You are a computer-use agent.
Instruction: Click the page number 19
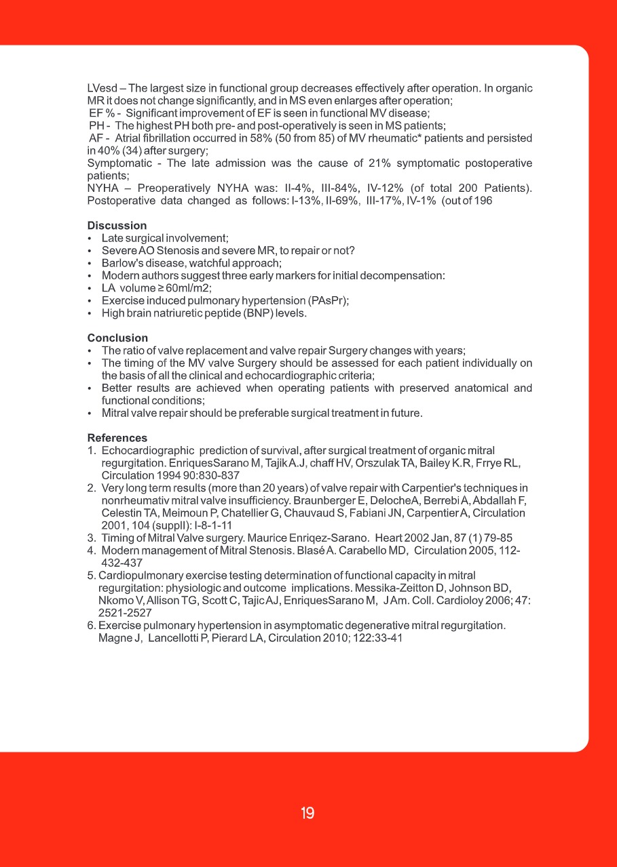click(x=307, y=813)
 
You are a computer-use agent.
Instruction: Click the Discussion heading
click(x=117, y=226)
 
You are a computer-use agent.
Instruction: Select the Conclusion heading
click(x=117, y=338)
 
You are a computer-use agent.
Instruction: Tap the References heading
click(x=117, y=439)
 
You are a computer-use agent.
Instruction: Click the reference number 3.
click(x=91, y=538)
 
